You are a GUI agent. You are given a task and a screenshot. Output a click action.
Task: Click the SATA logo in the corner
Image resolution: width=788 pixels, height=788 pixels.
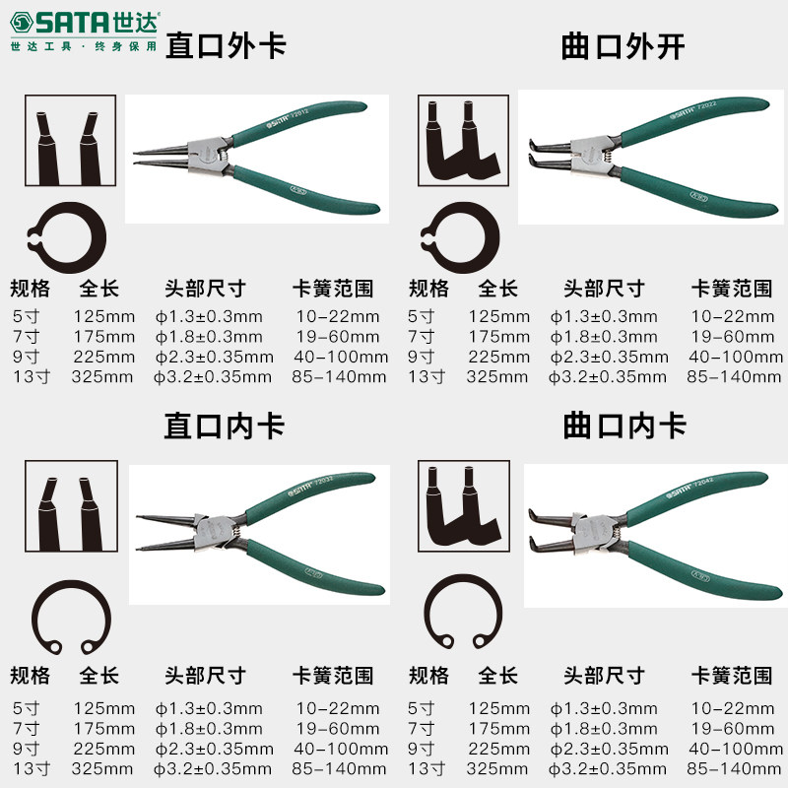[84, 31]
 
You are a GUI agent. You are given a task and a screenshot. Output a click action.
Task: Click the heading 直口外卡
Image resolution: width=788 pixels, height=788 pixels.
[227, 45]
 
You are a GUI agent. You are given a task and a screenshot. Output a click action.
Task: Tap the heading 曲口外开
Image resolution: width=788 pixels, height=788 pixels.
[623, 46]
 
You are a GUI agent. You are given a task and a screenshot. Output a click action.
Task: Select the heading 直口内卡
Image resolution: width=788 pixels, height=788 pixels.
[225, 427]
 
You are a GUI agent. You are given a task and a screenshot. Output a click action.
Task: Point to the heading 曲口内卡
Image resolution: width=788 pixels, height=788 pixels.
[624, 427]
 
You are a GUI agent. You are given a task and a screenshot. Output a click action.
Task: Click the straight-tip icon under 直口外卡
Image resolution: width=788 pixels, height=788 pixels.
[70, 140]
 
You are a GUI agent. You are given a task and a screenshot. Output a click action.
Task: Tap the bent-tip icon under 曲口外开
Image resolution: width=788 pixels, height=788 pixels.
[463, 140]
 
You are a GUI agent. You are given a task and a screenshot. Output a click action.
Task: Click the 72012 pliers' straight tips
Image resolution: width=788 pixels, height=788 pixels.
[161, 156]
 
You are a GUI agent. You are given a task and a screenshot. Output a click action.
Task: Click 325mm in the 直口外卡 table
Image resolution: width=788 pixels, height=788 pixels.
[102, 377]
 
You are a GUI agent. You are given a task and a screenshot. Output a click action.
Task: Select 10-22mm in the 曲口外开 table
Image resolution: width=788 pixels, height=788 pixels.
[732, 316]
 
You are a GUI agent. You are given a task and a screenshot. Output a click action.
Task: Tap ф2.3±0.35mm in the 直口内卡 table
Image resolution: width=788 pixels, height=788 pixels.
[214, 749]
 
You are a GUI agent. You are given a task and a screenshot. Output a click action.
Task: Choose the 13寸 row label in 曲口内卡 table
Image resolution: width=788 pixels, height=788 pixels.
[427, 769]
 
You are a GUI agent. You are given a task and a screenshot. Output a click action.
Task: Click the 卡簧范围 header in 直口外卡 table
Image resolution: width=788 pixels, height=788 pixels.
[333, 289]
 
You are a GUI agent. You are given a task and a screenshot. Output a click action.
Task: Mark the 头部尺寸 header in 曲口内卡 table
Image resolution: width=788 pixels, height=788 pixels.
[604, 676]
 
